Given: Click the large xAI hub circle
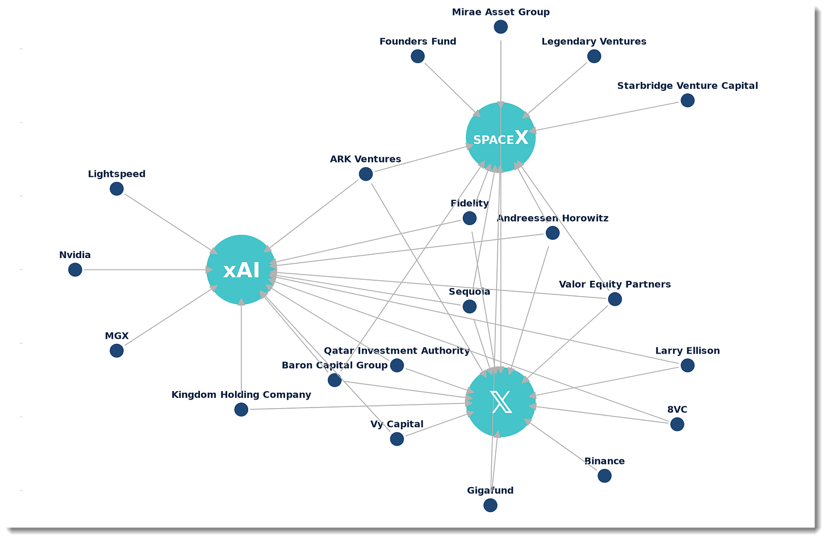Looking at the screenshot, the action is coord(241,269).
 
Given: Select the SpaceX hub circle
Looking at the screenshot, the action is coord(500,138).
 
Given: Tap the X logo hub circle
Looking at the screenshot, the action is coord(500,402).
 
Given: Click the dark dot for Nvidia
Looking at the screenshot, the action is coord(75,269).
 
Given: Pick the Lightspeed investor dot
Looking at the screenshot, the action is coord(116,189).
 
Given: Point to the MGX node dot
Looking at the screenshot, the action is coord(116,351).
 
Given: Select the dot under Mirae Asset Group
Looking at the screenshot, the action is coord(500,27).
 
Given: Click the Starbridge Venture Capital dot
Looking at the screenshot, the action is coord(687,101).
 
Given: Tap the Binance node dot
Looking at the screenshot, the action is coord(604,476).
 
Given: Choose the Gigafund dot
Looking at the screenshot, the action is coord(490,505).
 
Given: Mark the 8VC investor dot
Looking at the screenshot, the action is coord(677,424).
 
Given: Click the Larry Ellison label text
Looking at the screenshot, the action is coord(687,351).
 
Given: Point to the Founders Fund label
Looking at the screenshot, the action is coord(417,41).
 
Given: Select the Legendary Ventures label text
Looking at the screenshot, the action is coord(594,41).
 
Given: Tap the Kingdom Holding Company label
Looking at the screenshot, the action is coord(241,394).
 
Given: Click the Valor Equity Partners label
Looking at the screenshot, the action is coord(615,284).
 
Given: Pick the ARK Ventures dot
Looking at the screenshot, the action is coord(366,174).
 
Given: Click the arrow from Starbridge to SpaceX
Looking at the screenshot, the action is coord(608,116).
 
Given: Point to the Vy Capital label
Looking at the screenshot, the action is coord(396,424).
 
